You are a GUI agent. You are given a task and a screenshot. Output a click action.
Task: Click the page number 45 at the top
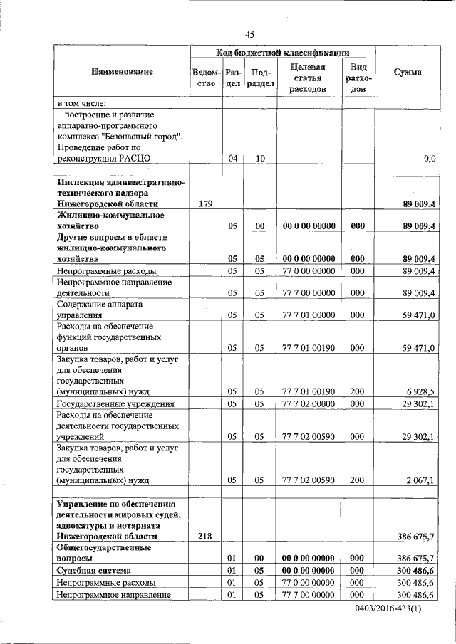click(x=249, y=34)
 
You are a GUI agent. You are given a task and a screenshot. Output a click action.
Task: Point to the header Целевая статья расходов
click(x=309, y=78)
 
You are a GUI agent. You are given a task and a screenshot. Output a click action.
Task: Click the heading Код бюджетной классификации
click(x=282, y=53)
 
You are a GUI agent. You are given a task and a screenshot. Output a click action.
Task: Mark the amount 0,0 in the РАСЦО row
click(x=429, y=159)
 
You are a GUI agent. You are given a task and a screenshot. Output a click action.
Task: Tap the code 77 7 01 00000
click(x=309, y=314)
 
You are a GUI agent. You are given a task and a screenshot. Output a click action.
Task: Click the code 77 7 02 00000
click(x=309, y=403)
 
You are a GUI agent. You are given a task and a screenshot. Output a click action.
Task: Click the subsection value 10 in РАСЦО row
click(x=260, y=159)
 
